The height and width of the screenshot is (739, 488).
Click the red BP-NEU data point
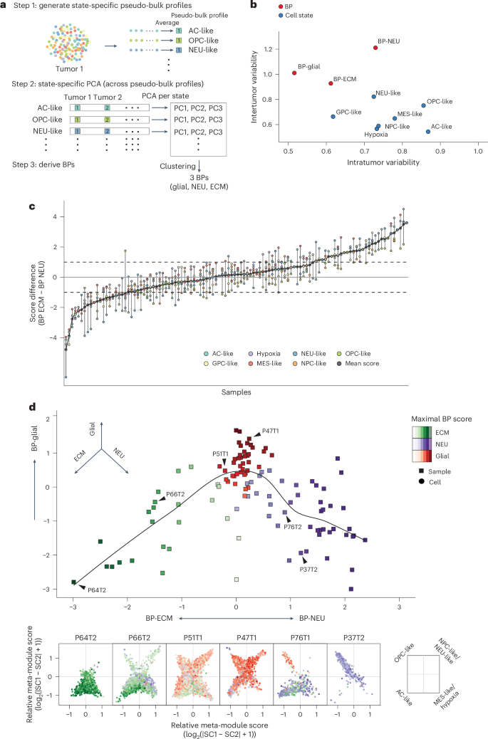tap(375, 48)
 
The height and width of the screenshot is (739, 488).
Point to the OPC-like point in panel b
tap(423, 105)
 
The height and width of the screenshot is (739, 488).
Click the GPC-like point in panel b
tap(333, 117)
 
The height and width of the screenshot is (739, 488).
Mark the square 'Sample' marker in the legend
tap(416, 471)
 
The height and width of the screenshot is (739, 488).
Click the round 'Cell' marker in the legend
tap(416, 481)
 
